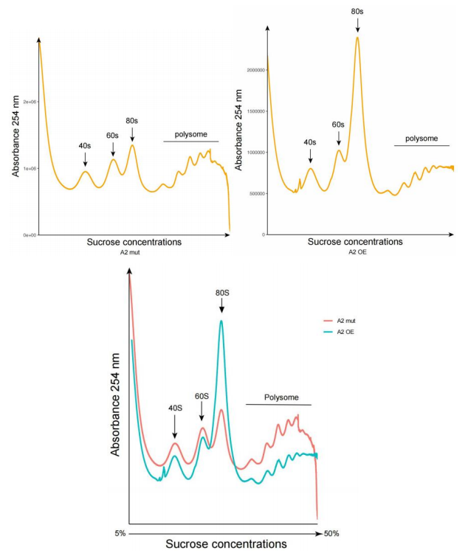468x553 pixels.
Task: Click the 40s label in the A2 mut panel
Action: pos(85,146)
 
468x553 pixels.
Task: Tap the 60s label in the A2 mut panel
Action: pos(113,135)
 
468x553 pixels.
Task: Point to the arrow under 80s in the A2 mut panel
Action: pos(133,134)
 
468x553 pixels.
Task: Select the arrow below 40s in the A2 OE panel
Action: pos(311,155)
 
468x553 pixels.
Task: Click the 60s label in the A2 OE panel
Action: pos(339,125)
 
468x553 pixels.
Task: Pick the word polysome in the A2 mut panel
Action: pos(191,134)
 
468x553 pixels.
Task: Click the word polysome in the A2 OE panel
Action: pos(421,138)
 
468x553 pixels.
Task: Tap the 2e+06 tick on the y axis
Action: pos(30,101)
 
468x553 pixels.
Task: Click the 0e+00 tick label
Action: pos(30,235)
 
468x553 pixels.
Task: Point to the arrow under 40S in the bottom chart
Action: pos(174,427)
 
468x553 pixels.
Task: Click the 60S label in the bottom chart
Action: pos(202,396)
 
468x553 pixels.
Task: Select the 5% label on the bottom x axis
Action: pos(121,532)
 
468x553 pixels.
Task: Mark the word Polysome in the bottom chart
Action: pos(281,397)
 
